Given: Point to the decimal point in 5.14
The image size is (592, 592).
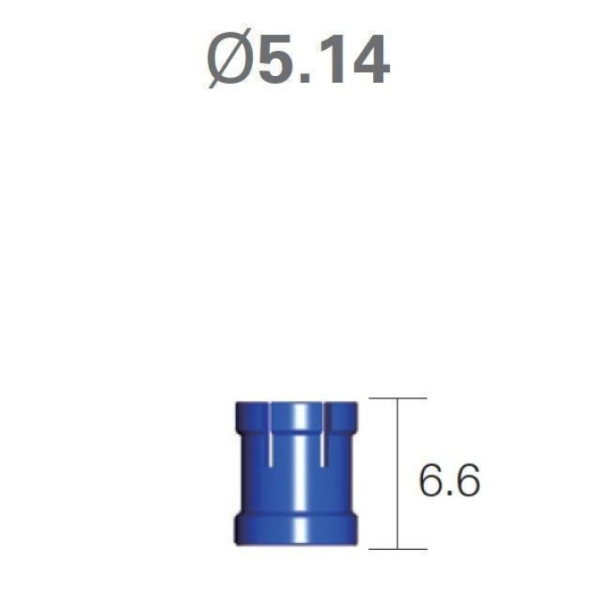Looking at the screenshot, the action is (306, 78).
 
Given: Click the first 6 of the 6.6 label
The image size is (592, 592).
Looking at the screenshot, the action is (432, 480).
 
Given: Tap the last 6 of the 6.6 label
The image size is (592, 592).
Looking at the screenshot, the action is (467, 480).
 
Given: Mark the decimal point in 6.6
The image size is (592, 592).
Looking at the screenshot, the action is (450, 493).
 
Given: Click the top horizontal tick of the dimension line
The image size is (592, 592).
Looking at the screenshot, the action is (398, 398).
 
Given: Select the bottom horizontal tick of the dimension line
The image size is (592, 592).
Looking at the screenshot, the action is (398, 549).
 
